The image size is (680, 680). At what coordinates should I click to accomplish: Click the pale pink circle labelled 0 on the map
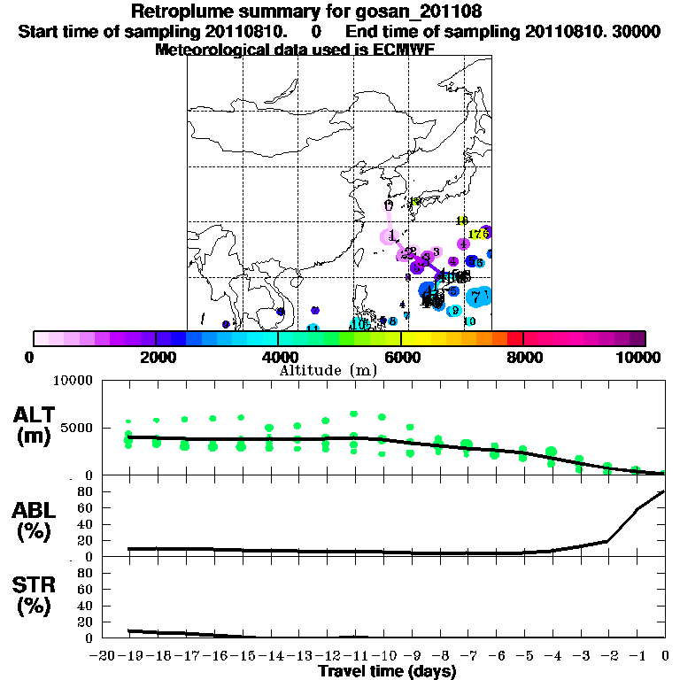click(389, 205)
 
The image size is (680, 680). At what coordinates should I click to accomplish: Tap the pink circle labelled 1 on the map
click(390, 236)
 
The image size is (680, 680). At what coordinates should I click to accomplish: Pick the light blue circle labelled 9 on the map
click(453, 311)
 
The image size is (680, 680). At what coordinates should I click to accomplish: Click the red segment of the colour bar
click(515, 338)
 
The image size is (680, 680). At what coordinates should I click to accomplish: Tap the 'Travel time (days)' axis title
click(387, 672)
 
